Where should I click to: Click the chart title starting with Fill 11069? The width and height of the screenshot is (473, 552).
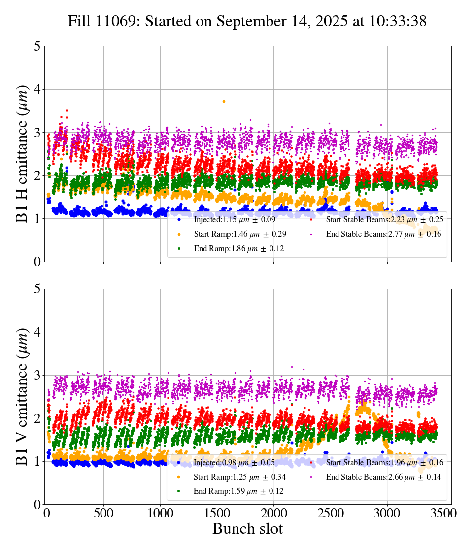pyautogui.click(x=247, y=21)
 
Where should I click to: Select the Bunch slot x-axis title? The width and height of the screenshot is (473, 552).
pyautogui.click(x=248, y=529)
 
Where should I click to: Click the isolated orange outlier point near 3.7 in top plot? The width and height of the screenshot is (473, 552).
pyautogui.click(x=224, y=101)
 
